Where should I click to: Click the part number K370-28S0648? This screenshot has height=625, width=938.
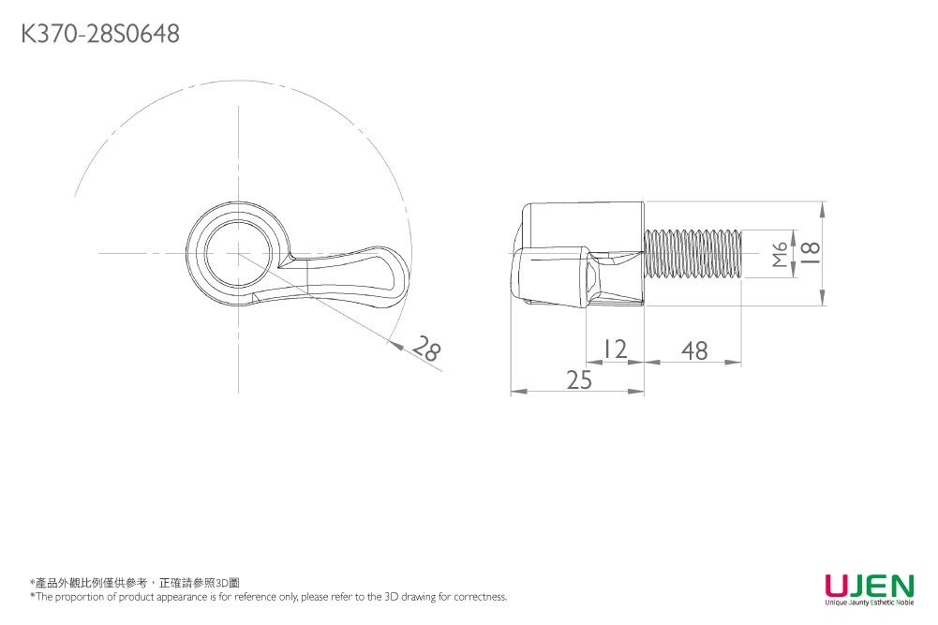[x=100, y=34]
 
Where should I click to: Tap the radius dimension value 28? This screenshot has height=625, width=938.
[x=428, y=348]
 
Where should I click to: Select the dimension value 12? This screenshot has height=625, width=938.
[x=615, y=348]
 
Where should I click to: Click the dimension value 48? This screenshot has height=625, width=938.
[x=694, y=350]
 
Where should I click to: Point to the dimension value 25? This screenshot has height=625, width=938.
[x=579, y=379]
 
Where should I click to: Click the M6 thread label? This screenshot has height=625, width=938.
[x=780, y=254]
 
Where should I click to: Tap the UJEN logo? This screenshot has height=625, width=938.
[x=870, y=586]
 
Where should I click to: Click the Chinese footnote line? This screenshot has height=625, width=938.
[x=135, y=583]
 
